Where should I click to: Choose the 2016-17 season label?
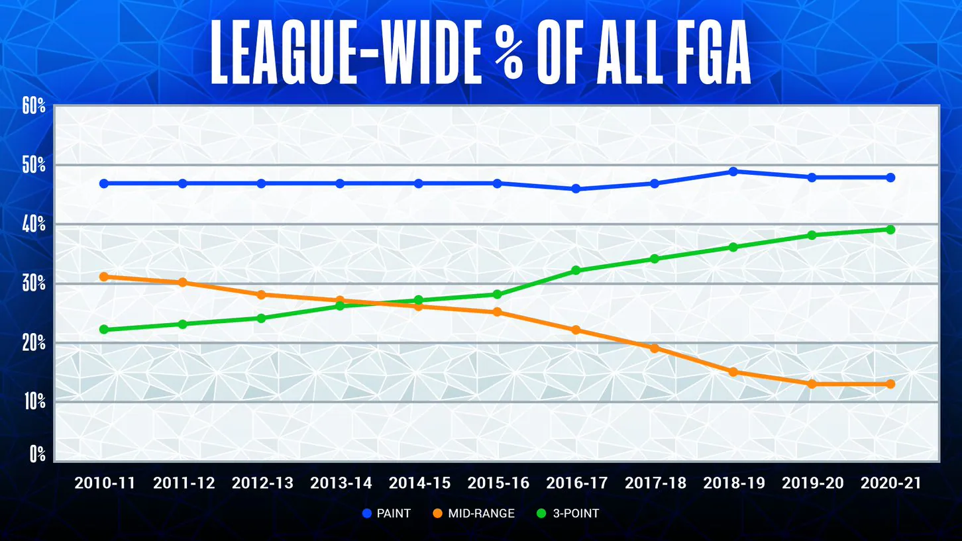pos(576,483)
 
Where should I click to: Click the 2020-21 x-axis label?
pos(890,483)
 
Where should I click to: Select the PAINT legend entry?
pos(387,513)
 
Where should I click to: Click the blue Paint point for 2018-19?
pos(733,172)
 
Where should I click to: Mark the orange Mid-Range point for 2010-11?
pos(105,277)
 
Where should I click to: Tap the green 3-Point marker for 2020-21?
pos(890,230)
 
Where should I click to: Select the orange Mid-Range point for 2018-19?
pos(733,372)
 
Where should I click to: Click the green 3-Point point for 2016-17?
pos(576,271)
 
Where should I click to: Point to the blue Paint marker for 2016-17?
pos(576,189)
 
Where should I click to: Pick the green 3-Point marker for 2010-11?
pos(105,330)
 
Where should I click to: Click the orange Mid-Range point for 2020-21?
pos(890,384)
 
